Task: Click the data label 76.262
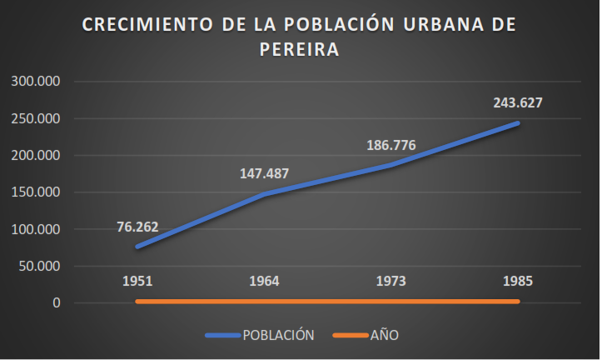click(x=137, y=227)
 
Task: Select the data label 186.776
click(x=391, y=146)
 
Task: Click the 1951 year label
click(x=137, y=281)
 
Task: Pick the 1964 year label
click(x=263, y=281)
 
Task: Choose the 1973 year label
click(x=391, y=281)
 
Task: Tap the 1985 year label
click(x=518, y=281)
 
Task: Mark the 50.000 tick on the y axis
click(x=38, y=267)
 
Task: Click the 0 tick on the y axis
click(x=57, y=303)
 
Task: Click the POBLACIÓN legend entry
click(x=277, y=335)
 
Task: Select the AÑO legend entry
click(x=384, y=335)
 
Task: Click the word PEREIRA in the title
click(x=300, y=50)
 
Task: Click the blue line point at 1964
click(x=263, y=194)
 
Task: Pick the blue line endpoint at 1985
click(x=517, y=123)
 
